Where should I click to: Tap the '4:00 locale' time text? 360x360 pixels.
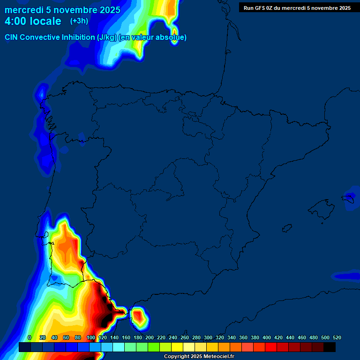(33, 22)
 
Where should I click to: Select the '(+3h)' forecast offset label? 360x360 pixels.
(79, 21)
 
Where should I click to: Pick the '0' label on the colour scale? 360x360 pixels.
(30, 337)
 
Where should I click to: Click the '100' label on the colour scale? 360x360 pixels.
(91, 337)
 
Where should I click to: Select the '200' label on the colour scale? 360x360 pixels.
(150, 337)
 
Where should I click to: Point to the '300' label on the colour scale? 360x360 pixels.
(208, 337)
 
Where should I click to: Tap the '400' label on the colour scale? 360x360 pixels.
(267, 337)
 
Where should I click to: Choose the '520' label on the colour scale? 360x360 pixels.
(337, 337)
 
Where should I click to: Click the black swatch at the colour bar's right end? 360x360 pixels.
(330, 347)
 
